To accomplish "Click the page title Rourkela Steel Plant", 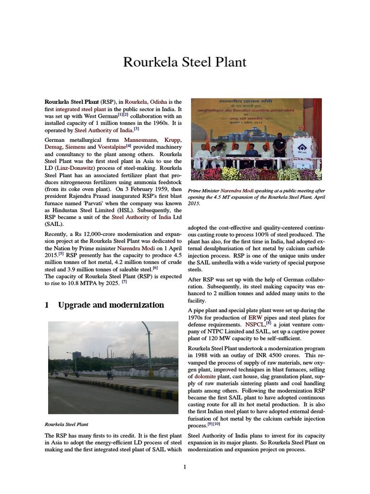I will [x=185, y=62].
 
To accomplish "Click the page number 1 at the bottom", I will [x=185, y=467].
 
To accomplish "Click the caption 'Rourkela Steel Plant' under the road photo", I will [x=66, y=425].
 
